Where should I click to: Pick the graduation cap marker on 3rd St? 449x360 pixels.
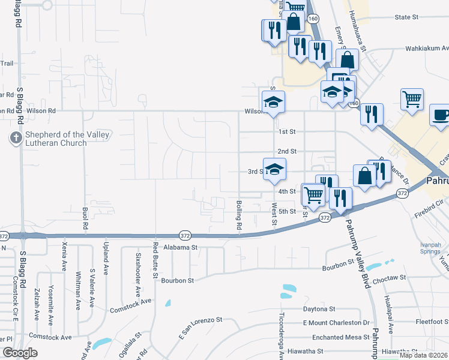click(x=274, y=169)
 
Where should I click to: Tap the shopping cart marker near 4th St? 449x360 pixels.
click(x=313, y=194)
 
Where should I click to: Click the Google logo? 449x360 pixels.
click(x=20, y=353)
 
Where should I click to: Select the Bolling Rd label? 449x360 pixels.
click(x=238, y=216)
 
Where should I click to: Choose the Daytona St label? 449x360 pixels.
click(x=319, y=309)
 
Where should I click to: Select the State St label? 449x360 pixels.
click(x=406, y=17)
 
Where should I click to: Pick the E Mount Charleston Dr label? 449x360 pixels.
click(x=332, y=323)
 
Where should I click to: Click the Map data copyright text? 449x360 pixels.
click(x=423, y=355)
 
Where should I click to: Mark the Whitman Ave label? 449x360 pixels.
click(x=78, y=292)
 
